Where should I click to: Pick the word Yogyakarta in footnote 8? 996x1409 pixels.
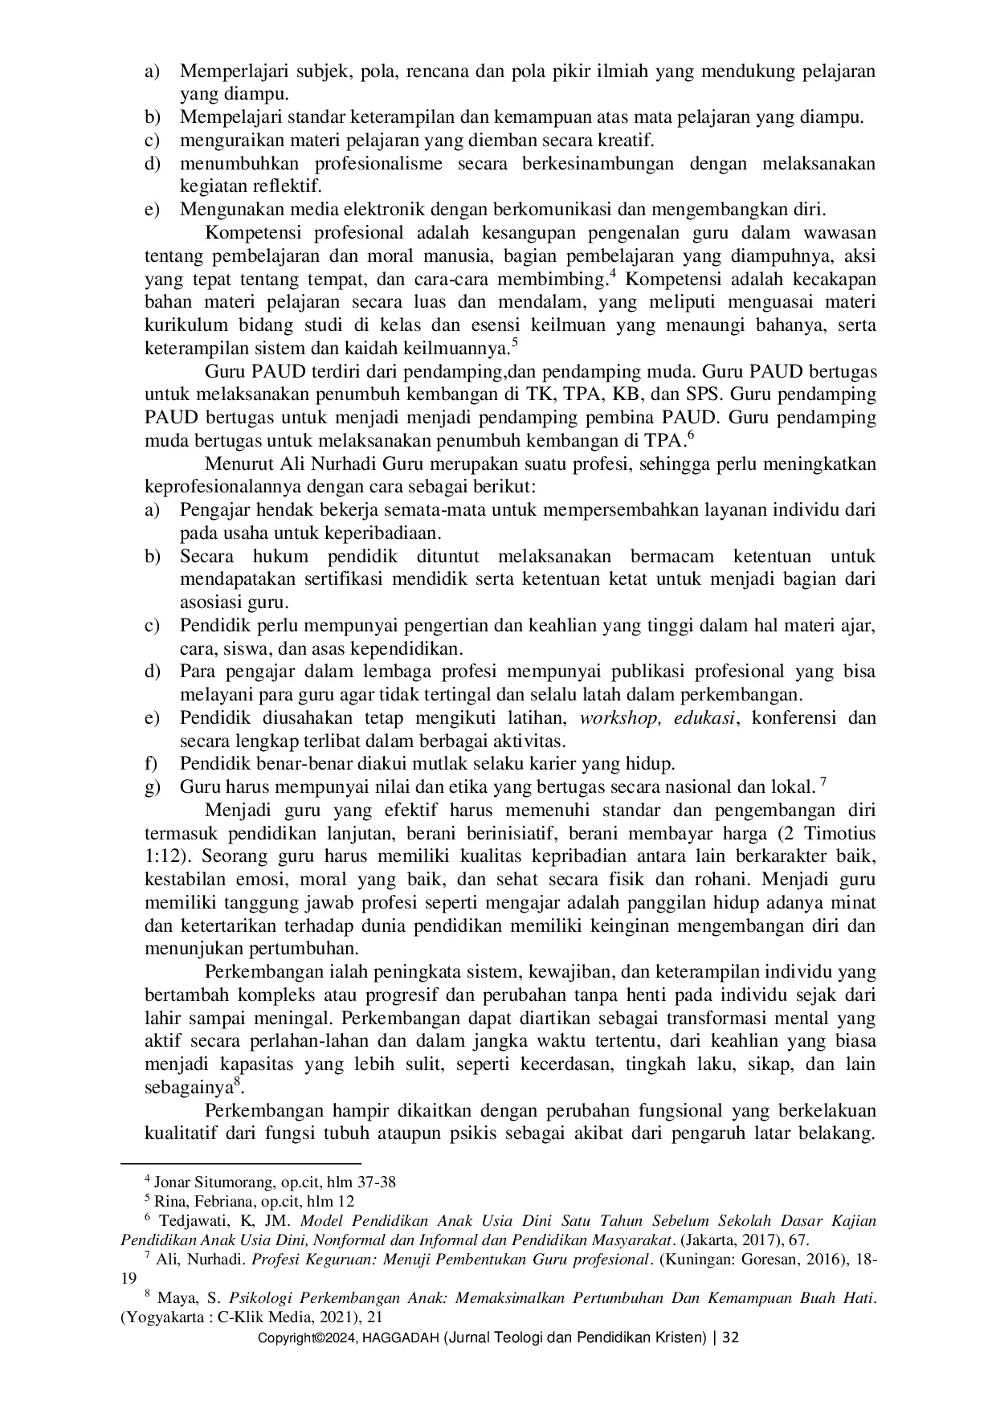[163, 1317]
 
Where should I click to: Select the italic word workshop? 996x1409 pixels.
[616, 717]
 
